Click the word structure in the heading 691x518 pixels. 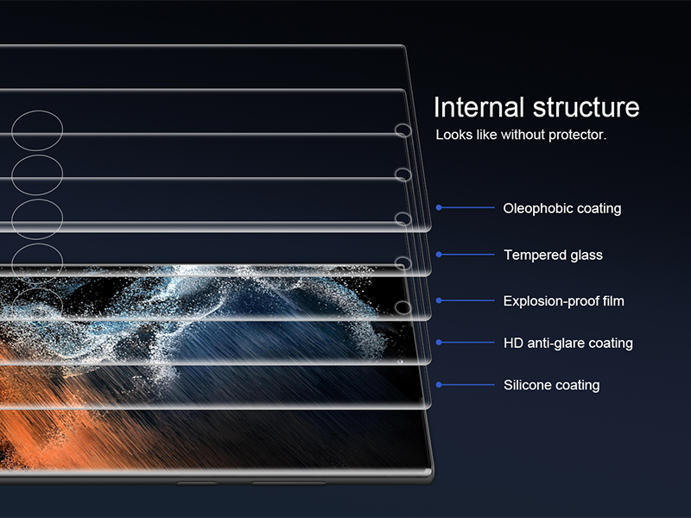click(586, 107)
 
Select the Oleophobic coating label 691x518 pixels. click(562, 208)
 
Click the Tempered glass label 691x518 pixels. click(553, 255)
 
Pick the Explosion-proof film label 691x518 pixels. click(564, 301)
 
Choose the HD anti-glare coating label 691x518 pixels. click(568, 343)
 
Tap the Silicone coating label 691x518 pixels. click(552, 385)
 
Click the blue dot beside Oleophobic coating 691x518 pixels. click(439, 207)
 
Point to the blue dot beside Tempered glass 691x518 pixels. click(439, 254)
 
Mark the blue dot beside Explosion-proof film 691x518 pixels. click(439, 300)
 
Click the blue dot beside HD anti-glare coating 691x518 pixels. click(439, 342)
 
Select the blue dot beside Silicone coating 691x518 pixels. click(439, 384)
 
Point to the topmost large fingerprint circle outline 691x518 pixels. click(37, 111)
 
